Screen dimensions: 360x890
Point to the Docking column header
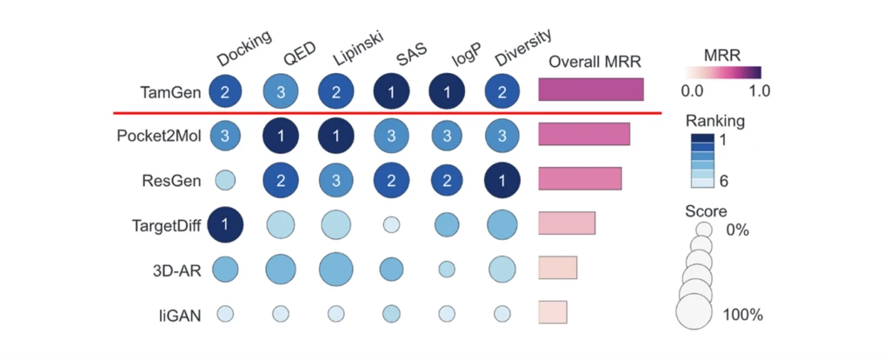(x=244, y=49)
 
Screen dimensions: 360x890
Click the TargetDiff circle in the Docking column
(x=224, y=224)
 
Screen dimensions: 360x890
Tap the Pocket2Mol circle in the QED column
(x=281, y=135)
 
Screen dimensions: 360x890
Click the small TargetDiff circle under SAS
(x=392, y=225)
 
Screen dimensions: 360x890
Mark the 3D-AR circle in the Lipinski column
(x=335, y=269)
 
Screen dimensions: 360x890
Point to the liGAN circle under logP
(x=447, y=313)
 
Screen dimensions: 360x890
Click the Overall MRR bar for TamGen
(x=591, y=90)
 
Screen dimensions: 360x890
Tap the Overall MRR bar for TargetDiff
(x=567, y=223)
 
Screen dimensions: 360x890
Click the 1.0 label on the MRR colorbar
(x=760, y=89)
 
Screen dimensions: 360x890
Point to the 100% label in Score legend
(x=743, y=315)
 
